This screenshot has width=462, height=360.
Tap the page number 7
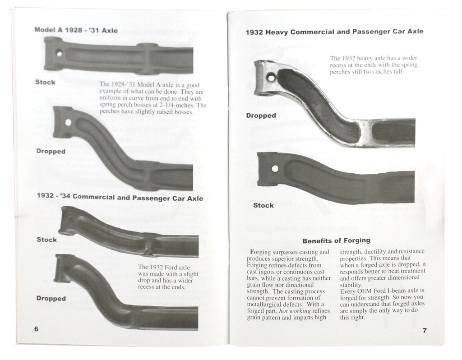424,330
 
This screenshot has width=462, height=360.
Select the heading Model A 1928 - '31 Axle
76,30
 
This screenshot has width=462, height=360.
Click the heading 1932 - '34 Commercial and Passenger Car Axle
120,198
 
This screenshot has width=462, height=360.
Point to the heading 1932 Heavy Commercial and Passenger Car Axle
334,32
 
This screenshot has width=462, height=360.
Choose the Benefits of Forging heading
336,240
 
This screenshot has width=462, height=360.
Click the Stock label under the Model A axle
45,82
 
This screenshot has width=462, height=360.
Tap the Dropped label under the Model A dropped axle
51,151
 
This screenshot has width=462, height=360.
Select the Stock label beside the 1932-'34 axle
46,240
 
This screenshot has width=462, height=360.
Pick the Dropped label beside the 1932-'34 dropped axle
51,298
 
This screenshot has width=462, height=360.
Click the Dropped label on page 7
261,115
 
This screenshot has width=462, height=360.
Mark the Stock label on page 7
263,205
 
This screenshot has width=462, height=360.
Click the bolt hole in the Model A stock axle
59,53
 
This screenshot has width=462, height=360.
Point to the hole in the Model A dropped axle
68,122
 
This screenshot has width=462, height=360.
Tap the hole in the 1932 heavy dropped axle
271,78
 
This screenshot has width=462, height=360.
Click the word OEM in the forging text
364,290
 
